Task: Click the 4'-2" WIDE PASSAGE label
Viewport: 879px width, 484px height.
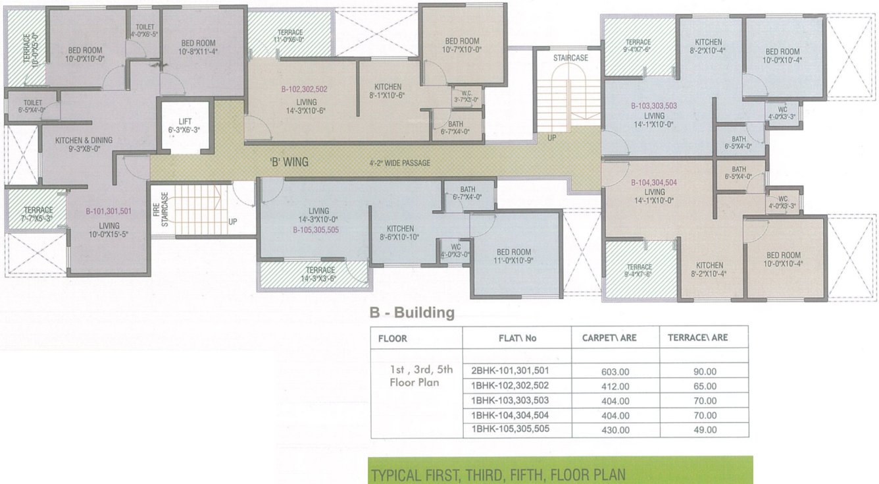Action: click(399, 163)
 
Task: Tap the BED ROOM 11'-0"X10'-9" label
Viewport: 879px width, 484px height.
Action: click(514, 256)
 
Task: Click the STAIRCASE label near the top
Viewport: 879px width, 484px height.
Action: click(570, 58)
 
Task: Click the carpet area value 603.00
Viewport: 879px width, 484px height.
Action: click(615, 371)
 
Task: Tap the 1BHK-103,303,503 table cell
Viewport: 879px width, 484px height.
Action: click(510, 400)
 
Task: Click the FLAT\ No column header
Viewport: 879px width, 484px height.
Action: click(517, 338)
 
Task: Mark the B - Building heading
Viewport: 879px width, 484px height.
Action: click(412, 313)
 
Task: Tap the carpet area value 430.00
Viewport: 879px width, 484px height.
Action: click(615, 430)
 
